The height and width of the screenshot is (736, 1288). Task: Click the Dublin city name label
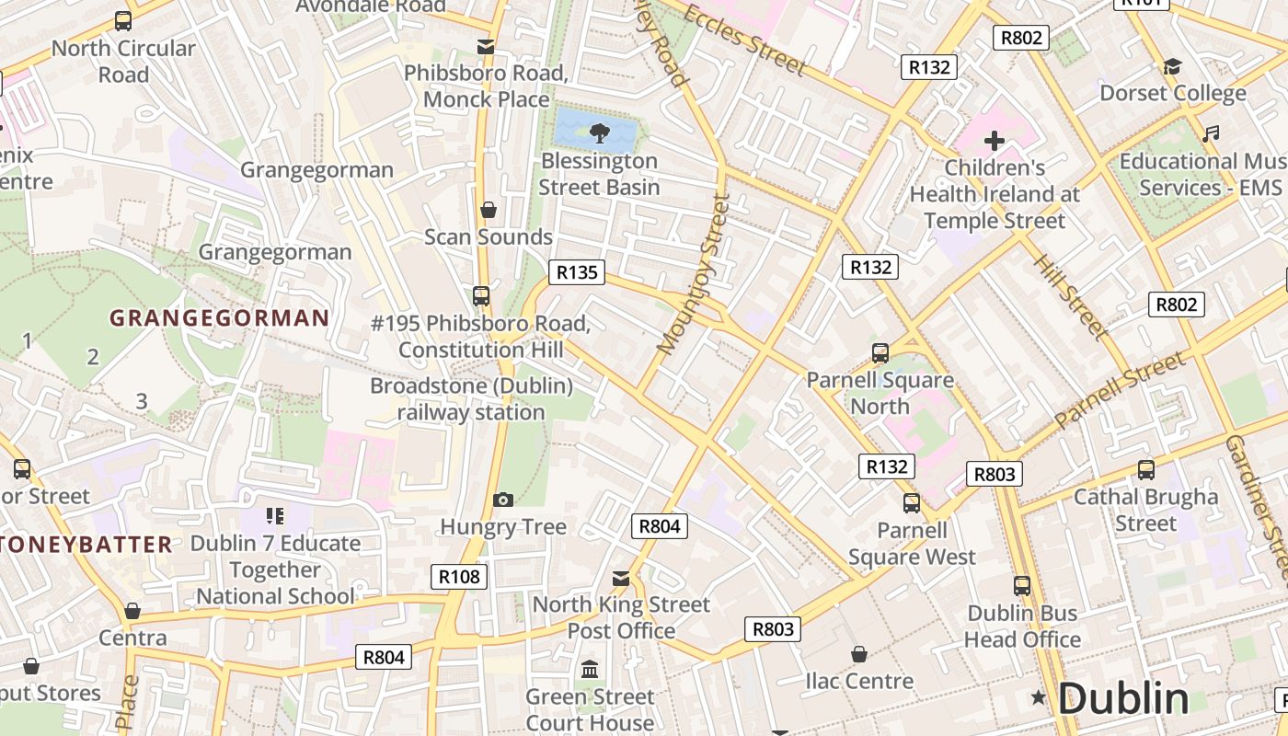pos(1122,698)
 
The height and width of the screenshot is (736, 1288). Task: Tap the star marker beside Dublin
pos(1039,698)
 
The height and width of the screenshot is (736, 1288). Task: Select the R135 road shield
pos(577,272)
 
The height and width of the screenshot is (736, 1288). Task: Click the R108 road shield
pos(459,577)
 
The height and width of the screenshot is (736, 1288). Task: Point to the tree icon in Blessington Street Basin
pos(599,132)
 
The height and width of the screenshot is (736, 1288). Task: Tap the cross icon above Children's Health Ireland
pos(994,141)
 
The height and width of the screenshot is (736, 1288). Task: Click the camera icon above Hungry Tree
pos(502,500)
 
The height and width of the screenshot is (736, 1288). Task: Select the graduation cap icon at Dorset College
pos(1172,67)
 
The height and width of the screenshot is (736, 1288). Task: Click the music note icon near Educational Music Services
pos(1211,134)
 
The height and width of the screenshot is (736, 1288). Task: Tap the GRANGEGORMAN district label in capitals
pos(219,318)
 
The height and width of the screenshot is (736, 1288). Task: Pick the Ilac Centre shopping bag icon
pos(858,654)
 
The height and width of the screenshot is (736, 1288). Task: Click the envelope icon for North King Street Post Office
pos(621,578)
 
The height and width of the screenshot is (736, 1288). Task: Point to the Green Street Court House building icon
pos(590,669)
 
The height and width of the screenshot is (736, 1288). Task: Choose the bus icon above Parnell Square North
pos(880,353)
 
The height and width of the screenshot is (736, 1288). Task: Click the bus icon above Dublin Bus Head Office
pos(1021,586)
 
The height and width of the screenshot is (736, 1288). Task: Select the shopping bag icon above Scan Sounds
pos(489,211)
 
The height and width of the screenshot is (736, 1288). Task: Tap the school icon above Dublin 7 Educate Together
pos(274,516)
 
